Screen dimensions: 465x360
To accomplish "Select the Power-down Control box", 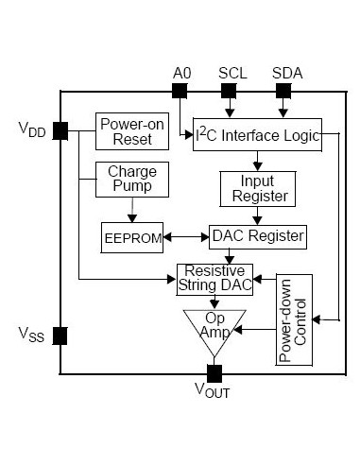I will pyautogui.click(x=294, y=320).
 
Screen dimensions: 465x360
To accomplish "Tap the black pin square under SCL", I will pyautogui.click(x=229, y=91).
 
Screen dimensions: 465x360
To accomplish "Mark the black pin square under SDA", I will pyautogui.click(x=282, y=91).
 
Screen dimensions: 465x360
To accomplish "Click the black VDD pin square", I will pyautogui.click(x=60, y=131).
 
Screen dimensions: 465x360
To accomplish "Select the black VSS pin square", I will pyautogui.click(x=60, y=336).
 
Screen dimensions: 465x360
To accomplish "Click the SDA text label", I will pyautogui.click(x=282, y=73).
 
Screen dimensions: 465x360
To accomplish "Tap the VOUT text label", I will pyautogui.click(x=212, y=390).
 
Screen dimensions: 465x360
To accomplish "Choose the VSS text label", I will pyautogui.click(x=31, y=335).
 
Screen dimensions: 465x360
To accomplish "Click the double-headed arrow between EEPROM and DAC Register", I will pyautogui.click(x=187, y=234).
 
